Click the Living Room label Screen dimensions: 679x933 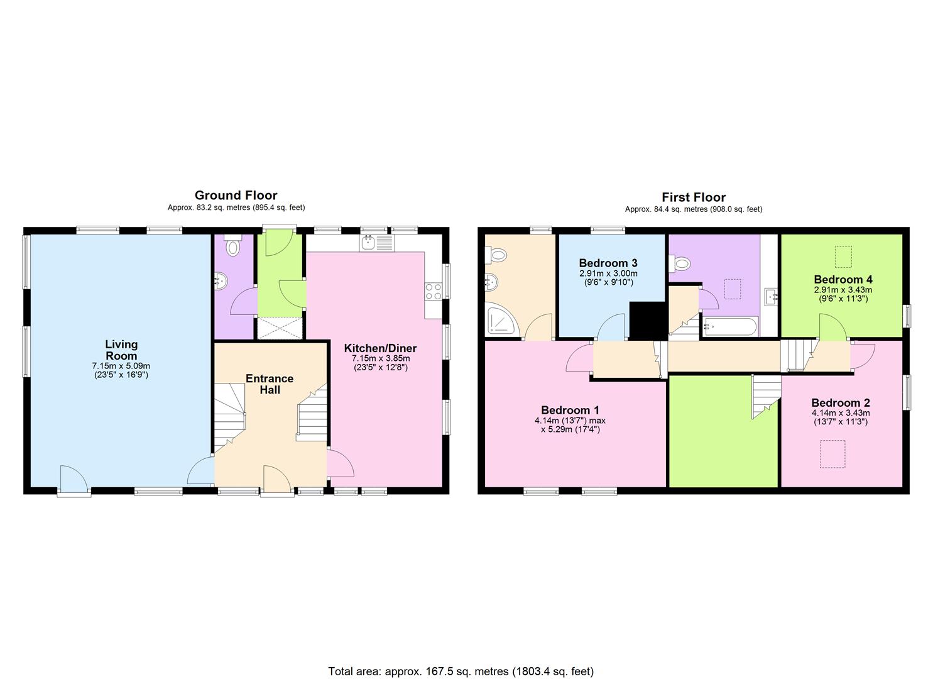[x=121, y=350]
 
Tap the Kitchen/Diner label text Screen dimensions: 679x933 [x=380, y=348]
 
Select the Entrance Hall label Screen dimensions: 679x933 [x=270, y=384]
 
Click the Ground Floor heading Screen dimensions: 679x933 [x=236, y=196]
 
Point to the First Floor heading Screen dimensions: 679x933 [x=693, y=197]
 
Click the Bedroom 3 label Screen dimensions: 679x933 [x=608, y=263]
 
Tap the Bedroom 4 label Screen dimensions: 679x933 [x=843, y=280]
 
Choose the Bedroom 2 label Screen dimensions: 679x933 [x=840, y=403]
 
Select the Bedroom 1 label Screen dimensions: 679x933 [x=570, y=411]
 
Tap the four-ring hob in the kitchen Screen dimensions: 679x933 [x=434, y=291]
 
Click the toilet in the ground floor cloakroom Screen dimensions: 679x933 [x=234, y=246]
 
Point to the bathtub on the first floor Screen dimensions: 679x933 [x=731, y=327]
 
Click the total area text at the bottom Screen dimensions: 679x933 [x=461, y=671]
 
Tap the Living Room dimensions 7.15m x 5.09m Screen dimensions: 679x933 [x=121, y=366]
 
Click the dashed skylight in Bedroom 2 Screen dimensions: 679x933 [x=832, y=454]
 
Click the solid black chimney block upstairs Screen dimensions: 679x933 [x=647, y=320]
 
